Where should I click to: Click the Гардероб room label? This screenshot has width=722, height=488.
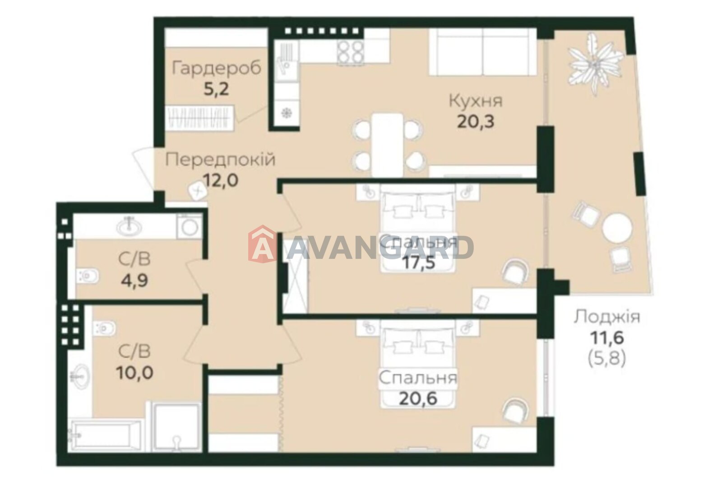[216, 69]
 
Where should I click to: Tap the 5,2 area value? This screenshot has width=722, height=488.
[216, 89]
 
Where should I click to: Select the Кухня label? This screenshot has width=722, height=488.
[476, 101]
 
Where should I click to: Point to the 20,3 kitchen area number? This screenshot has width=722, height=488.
[476, 122]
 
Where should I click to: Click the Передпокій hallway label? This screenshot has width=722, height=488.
[221, 160]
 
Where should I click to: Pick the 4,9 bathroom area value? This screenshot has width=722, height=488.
[134, 280]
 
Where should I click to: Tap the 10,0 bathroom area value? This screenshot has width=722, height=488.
[134, 373]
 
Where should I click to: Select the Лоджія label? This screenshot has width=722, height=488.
[607, 317]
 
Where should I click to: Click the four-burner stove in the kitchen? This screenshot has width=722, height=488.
[349, 52]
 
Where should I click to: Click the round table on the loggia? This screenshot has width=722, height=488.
[618, 228]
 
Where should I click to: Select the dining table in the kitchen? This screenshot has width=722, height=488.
[387, 145]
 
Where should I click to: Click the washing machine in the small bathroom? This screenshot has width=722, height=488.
[190, 226]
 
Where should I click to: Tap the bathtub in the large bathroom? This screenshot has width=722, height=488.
[107, 436]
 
